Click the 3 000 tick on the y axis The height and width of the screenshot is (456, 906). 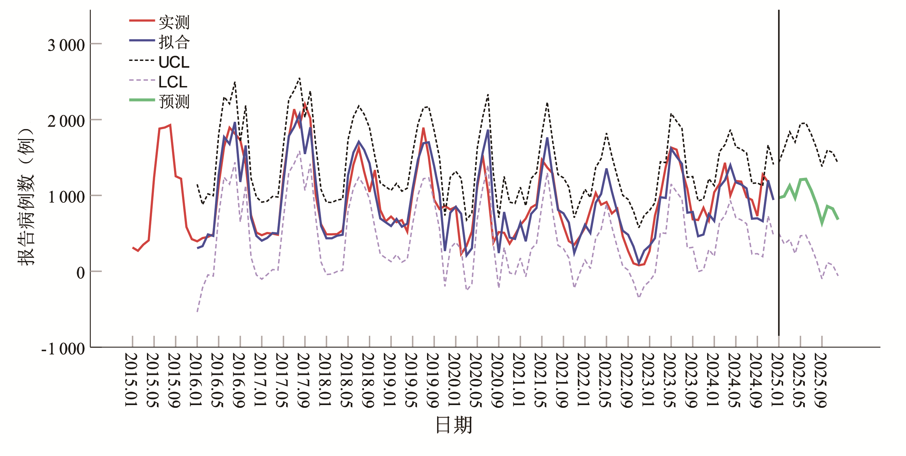point(66,45)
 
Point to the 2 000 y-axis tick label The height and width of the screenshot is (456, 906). point(66,121)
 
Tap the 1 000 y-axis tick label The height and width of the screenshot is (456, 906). point(66,197)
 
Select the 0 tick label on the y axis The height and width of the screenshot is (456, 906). point(81,273)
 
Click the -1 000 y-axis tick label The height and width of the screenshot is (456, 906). point(63,349)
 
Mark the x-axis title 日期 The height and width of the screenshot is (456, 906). point(454,425)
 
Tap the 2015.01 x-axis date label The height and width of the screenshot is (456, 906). point(131,380)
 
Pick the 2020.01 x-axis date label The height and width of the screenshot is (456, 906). point(454,380)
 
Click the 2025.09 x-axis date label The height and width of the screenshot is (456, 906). point(821,380)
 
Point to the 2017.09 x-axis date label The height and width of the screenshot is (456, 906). point(303,380)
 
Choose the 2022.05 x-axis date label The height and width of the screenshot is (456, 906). point(605,380)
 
